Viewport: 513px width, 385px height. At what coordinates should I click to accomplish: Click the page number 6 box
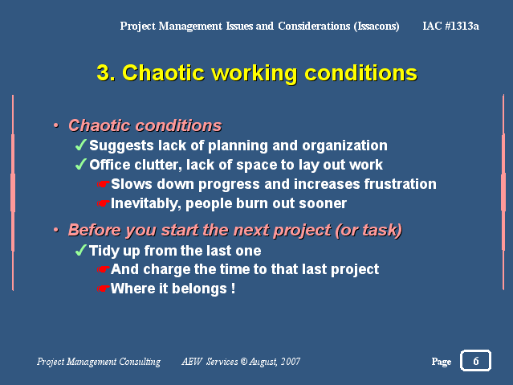(x=475, y=360)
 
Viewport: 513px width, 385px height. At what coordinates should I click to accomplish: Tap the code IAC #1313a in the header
(x=450, y=26)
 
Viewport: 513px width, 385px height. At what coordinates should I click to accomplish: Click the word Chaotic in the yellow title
(x=163, y=72)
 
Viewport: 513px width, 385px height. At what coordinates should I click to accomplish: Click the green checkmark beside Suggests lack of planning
(x=81, y=145)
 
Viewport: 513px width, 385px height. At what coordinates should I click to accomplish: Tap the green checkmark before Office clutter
(x=81, y=164)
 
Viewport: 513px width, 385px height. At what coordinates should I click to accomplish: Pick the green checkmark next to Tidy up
(x=81, y=250)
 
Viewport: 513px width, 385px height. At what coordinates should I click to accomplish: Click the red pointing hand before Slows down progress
(x=104, y=184)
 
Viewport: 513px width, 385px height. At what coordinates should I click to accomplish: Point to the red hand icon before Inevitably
(x=104, y=203)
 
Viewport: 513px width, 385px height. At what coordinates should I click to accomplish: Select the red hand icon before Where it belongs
(x=104, y=289)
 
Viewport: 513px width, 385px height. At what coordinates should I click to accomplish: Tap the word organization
(x=345, y=145)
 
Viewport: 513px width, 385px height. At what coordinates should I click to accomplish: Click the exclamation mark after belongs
(x=233, y=289)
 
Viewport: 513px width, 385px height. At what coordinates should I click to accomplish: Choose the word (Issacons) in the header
(x=377, y=26)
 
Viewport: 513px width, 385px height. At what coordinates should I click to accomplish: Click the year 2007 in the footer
(x=291, y=362)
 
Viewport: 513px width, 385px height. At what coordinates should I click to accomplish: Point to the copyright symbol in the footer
(x=244, y=362)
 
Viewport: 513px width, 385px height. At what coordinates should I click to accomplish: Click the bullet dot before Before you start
(x=56, y=230)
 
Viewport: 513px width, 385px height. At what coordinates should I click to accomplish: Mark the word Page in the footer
(x=442, y=362)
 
